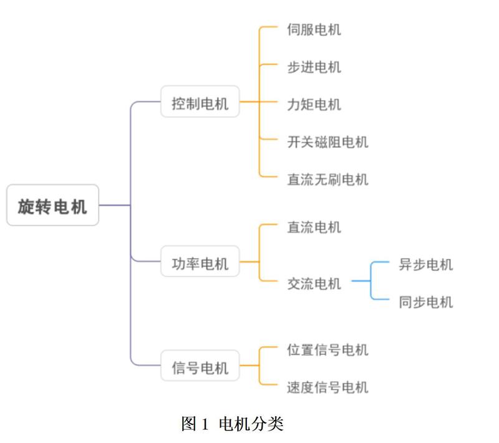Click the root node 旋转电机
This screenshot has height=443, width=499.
(x=52, y=205)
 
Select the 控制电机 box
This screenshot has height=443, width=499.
(x=200, y=102)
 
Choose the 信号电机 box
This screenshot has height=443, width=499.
(x=200, y=366)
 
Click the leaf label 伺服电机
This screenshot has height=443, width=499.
(x=314, y=29)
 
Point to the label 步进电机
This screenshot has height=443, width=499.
(x=314, y=67)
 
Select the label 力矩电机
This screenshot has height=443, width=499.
(x=314, y=105)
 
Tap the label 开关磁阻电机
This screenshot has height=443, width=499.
(x=327, y=142)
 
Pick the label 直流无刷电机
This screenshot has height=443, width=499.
(x=327, y=180)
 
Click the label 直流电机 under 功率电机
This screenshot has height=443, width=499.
(x=314, y=227)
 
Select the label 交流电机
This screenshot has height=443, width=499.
(x=314, y=284)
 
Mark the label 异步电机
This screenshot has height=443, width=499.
(x=426, y=264)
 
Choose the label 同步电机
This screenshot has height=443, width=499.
(x=426, y=303)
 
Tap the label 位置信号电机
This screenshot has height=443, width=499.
(x=327, y=350)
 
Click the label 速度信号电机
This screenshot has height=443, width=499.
(x=327, y=388)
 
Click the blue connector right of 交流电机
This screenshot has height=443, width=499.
(x=362, y=282)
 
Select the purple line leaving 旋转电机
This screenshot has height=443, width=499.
(x=115, y=205)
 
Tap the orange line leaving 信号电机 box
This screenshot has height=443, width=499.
(x=249, y=366)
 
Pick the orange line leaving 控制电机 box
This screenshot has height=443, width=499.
(x=249, y=102)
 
